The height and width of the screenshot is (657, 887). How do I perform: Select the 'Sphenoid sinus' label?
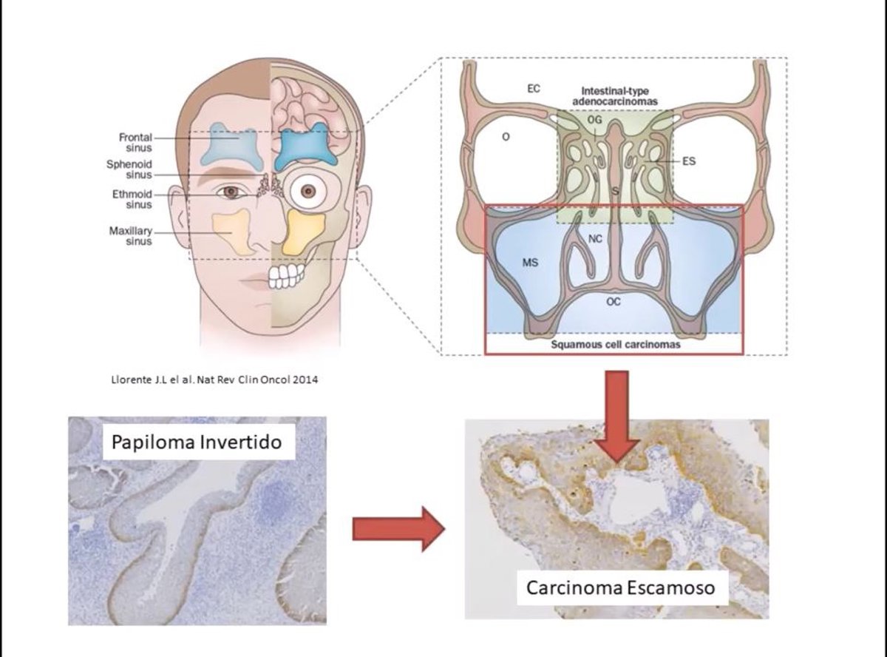(x=132, y=169)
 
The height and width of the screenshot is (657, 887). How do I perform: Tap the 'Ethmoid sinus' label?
(x=133, y=199)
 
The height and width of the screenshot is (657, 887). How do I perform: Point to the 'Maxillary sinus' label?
(x=130, y=235)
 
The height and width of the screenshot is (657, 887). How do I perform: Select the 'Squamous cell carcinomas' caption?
(x=614, y=344)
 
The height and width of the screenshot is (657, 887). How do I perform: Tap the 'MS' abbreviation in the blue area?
(x=530, y=262)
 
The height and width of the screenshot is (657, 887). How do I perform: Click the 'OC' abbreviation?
(x=613, y=301)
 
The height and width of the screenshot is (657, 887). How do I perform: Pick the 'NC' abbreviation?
(x=596, y=238)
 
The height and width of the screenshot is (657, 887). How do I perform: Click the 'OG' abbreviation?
(x=595, y=118)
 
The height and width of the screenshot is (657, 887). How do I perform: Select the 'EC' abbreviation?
(x=534, y=88)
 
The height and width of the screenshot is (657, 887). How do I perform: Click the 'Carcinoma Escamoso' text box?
(x=621, y=587)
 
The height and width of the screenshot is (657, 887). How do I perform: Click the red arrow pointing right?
(x=398, y=528)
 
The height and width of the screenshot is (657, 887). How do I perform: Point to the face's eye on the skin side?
(x=231, y=192)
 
